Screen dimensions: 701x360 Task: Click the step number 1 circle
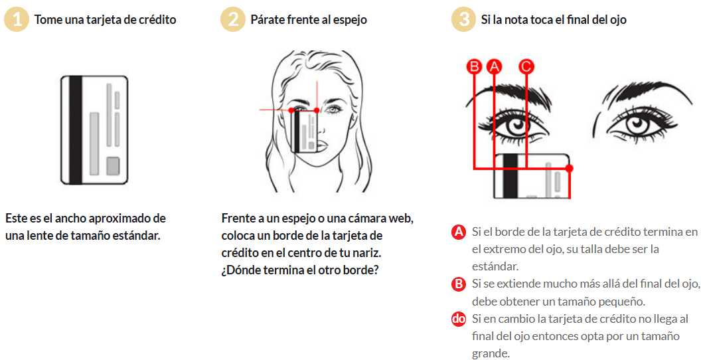tap(17, 20)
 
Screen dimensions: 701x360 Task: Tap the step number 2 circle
tap(232, 20)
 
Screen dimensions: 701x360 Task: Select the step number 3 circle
tap(463, 20)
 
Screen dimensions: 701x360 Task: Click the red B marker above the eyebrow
tap(474, 66)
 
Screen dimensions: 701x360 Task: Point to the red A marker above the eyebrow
tap(494, 66)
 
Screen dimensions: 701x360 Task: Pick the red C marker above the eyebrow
tap(526, 66)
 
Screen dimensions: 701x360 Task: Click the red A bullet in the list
tap(458, 232)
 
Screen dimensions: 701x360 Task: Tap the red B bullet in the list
tap(458, 284)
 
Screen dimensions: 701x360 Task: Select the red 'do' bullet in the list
tap(458, 319)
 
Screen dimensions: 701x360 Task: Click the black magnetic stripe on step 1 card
tap(76, 130)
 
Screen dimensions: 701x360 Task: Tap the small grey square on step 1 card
tap(113, 166)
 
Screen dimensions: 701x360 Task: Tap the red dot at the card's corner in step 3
tap(569, 168)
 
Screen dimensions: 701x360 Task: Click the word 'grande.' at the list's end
tap(491, 353)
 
